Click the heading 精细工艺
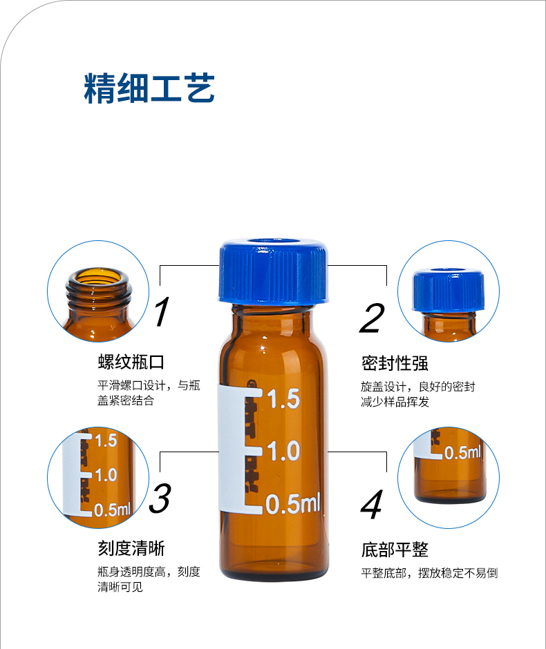[x=149, y=88]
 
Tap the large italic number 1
[x=161, y=313]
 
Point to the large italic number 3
[x=160, y=498]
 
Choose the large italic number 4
[x=371, y=505]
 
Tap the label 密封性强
[x=395, y=363]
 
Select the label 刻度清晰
[x=131, y=549]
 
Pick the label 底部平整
[x=395, y=550]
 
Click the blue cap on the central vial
[x=274, y=276]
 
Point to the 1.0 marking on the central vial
[x=283, y=452]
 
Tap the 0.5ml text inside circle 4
[x=462, y=453]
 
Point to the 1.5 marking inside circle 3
[x=106, y=440]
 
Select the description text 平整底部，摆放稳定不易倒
[x=429, y=573]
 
